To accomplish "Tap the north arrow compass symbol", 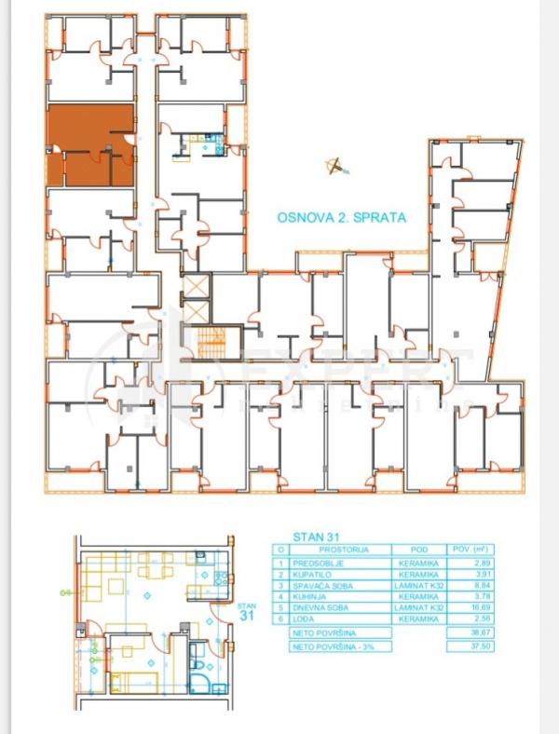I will (334, 167).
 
